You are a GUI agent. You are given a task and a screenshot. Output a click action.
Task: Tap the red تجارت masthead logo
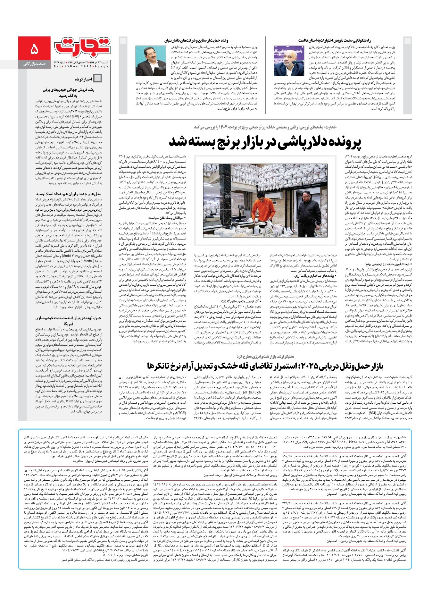pyautogui.click(x=82, y=47)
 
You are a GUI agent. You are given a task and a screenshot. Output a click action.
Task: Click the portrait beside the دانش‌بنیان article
pyautogui.click(x=151, y=61)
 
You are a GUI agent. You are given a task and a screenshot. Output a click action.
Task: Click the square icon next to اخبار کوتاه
pyautogui.click(x=97, y=79)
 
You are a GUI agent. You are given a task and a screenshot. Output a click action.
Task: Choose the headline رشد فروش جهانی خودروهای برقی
pyautogui.click(x=71, y=93)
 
